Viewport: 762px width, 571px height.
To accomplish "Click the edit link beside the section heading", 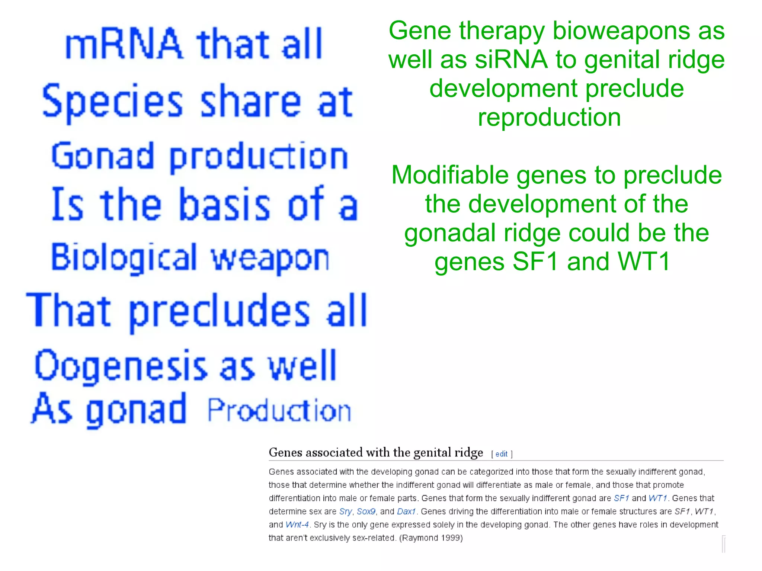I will coord(501,454).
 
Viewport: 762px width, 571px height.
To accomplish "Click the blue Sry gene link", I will coord(345,511).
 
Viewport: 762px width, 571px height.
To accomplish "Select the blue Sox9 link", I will coord(366,511).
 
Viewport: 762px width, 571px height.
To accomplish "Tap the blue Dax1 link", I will coord(406,511).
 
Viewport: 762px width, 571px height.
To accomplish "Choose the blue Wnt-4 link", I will coord(297,525).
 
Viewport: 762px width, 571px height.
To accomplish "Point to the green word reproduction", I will coord(549,118).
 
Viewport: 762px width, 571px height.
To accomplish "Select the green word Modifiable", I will coord(450,175).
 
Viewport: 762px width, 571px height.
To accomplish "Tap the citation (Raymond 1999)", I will coord(431,538).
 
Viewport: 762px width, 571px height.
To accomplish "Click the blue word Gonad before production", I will coord(103,156).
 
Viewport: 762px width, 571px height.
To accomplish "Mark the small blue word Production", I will coord(279,410).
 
